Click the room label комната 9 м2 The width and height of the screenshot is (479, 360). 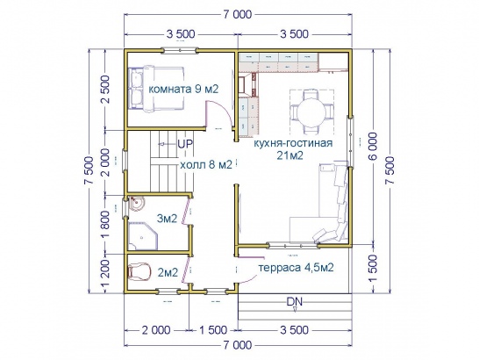[x=183, y=90]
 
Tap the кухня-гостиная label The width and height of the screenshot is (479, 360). [x=293, y=143]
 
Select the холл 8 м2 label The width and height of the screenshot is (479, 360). [x=206, y=165]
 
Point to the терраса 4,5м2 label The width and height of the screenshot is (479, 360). [x=296, y=268]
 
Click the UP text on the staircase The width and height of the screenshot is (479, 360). [x=185, y=144]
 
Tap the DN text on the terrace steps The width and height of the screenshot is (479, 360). [x=294, y=302]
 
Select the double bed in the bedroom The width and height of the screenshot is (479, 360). [x=156, y=89]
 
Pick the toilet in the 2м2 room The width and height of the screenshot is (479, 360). [x=139, y=271]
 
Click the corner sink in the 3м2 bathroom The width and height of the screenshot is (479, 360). [x=136, y=204]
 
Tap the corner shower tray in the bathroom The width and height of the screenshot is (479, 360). [x=142, y=236]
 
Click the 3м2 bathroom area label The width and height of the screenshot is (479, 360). [x=167, y=219]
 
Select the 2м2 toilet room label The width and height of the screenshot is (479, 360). [x=168, y=272]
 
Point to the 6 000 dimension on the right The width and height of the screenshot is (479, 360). [x=374, y=147]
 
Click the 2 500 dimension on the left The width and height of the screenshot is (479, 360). [x=104, y=90]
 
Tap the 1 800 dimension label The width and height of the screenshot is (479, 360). [x=104, y=225]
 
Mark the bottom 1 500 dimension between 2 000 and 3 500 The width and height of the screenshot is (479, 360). [x=213, y=330]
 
